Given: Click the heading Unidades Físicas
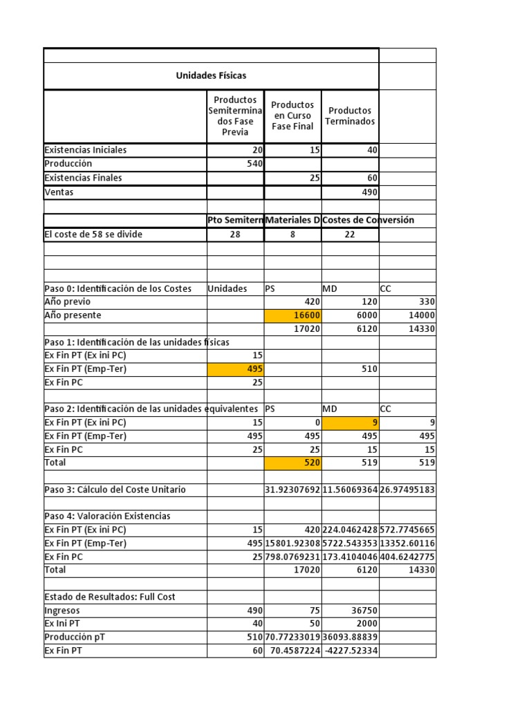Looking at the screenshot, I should [x=211, y=75].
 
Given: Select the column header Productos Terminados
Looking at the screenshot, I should [x=351, y=116].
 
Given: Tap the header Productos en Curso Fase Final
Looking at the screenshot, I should [x=292, y=116].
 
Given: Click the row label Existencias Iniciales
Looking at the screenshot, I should [x=86, y=150].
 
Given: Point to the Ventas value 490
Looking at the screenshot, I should [x=369, y=192].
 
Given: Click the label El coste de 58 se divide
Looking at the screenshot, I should [x=93, y=234].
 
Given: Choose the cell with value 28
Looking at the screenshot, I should [x=235, y=234].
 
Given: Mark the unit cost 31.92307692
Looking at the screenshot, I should [x=292, y=490].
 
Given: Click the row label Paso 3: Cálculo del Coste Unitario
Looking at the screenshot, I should [x=115, y=490].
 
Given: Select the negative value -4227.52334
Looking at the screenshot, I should [x=351, y=651].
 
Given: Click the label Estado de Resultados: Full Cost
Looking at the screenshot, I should [x=115, y=597].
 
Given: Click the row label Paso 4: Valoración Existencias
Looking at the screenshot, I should [x=107, y=516].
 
